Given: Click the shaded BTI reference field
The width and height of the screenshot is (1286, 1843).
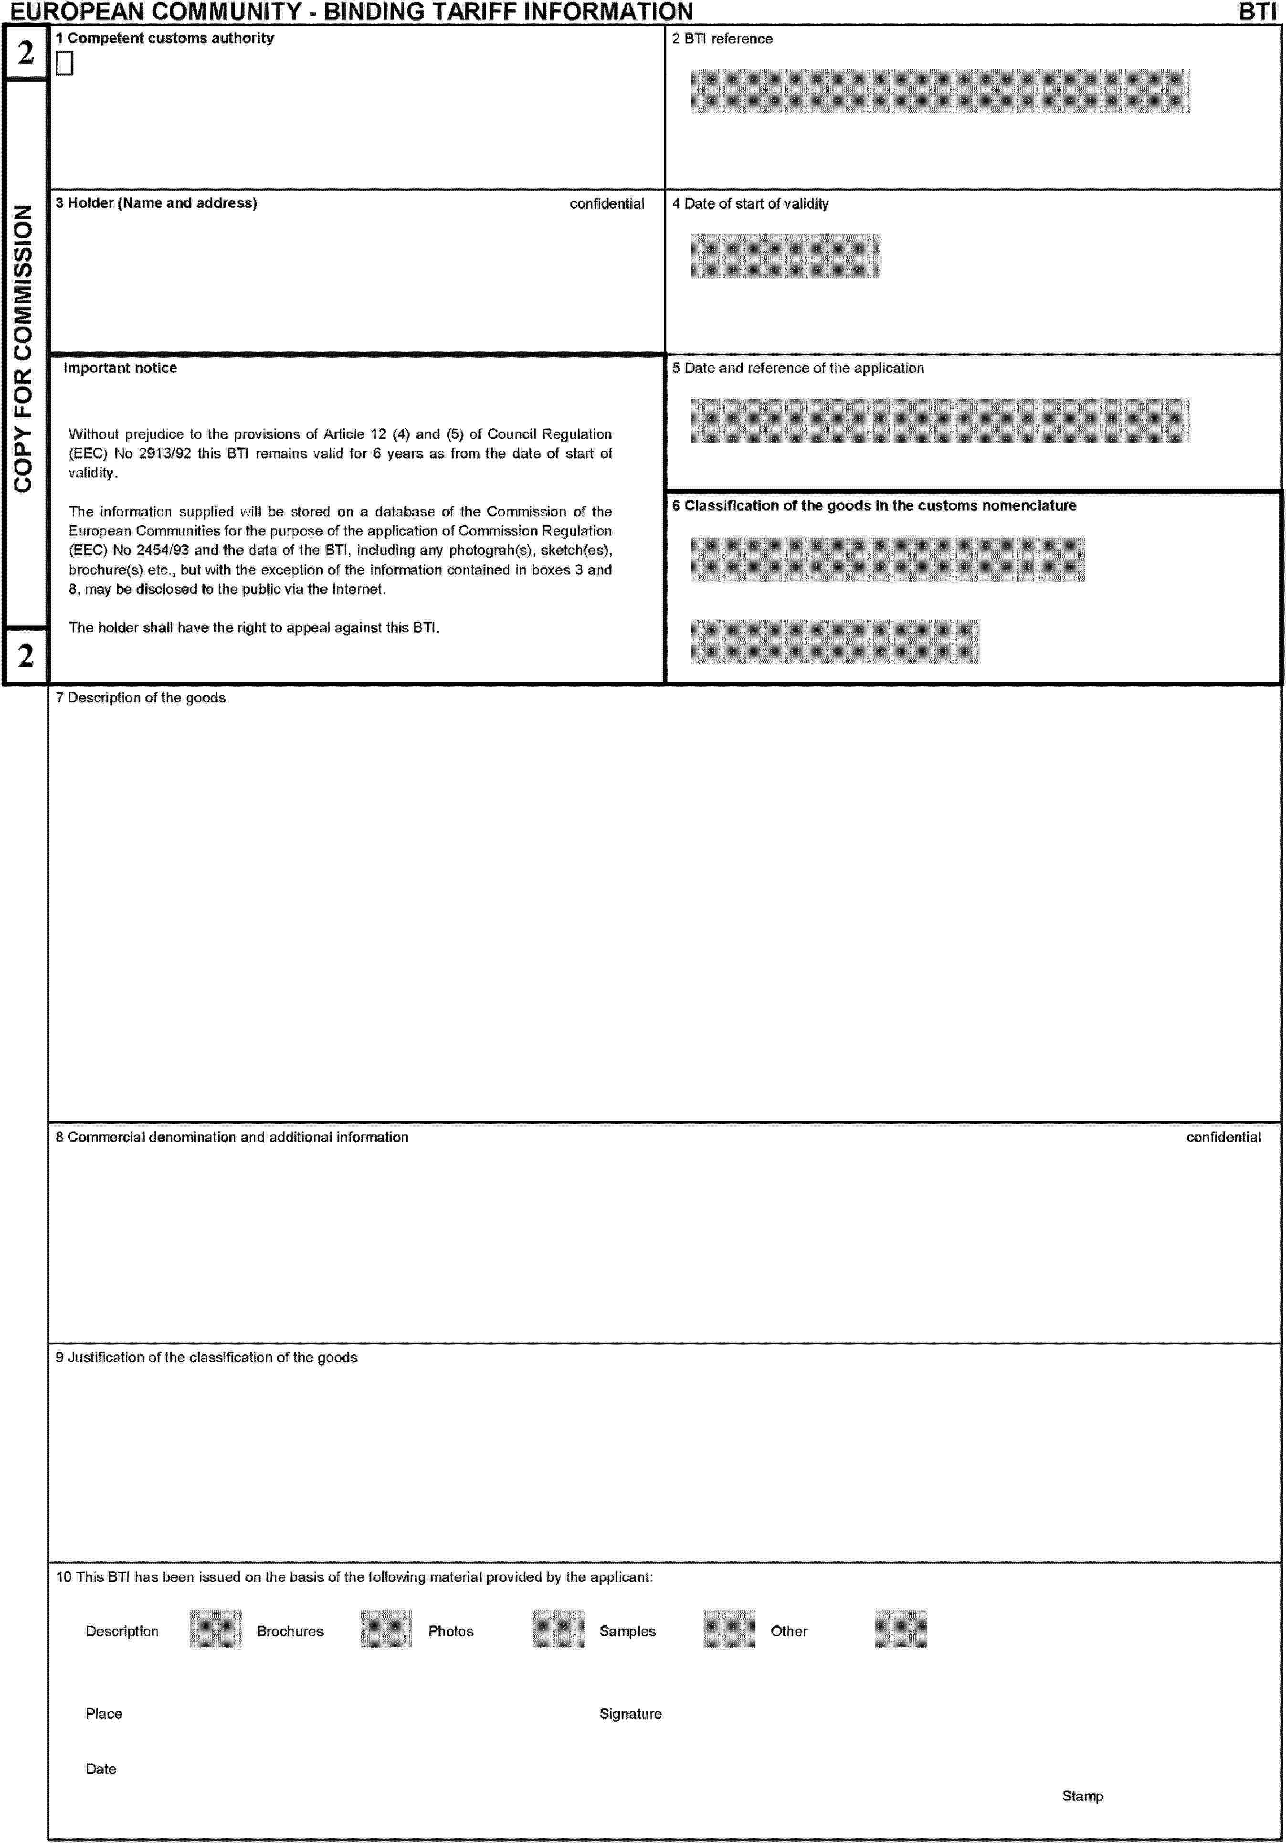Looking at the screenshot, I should pyautogui.click(x=939, y=92).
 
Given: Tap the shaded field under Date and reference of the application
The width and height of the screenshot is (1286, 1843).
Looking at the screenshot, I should pyautogui.click(x=939, y=421).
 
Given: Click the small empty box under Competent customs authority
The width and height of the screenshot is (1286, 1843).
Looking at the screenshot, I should pyautogui.click(x=64, y=64).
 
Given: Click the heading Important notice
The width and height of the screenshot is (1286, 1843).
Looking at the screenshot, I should pyautogui.click(x=120, y=369).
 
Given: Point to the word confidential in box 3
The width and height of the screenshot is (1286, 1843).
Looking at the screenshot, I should pyautogui.click(x=606, y=204).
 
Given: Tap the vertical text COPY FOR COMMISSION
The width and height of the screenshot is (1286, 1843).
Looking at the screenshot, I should pyautogui.click(x=23, y=349).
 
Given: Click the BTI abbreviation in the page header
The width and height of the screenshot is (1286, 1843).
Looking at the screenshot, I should pyautogui.click(x=1256, y=11).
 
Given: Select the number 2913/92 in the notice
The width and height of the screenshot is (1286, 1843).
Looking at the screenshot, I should pyautogui.click(x=165, y=454).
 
